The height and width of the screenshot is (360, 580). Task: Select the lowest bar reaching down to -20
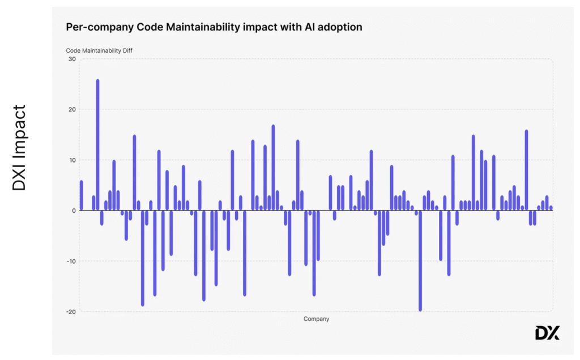pyautogui.click(x=420, y=260)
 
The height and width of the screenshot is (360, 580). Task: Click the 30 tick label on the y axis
pyautogui.click(x=72, y=59)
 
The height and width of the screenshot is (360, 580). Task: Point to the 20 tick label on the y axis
pyautogui.click(x=72, y=109)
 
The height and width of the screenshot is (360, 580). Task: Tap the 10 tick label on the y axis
pyautogui.click(x=72, y=160)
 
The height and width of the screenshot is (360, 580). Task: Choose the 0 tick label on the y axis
pyautogui.click(x=74, y=211)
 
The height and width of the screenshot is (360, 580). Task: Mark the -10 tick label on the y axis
pyautogui.click(x=71, y=261)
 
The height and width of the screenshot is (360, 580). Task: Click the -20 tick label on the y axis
pyautogui.click(x=71, y=311)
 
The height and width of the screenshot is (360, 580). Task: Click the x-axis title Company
pyautogui.click(x=316, y=319)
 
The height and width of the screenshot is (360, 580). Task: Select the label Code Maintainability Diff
pyautogui.click(x=99, y=50)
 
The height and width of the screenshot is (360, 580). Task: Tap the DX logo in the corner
pyautogui.click(x=547, y=333)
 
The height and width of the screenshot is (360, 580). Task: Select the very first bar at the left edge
pyautogui.click(x=82, y=195)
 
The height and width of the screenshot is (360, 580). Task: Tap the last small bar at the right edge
pyautogui.click(x=551, y=208)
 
